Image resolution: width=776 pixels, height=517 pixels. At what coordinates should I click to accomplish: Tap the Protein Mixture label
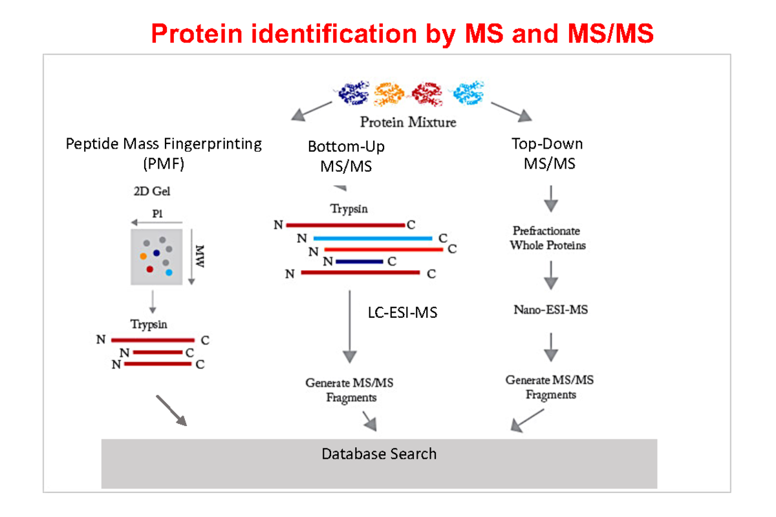[x=408, y=121]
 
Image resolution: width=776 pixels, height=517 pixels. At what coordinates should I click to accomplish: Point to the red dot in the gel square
[x=150, y=268]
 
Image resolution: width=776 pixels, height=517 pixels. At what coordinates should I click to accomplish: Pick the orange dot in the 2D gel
[x=143, y=256]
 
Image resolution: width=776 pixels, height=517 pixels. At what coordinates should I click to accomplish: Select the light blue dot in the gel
[x=169, y=272]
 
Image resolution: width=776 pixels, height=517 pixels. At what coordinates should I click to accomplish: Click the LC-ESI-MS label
[x=398, y=313]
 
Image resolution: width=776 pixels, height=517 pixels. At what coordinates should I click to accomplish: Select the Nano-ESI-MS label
[x=550, y=310]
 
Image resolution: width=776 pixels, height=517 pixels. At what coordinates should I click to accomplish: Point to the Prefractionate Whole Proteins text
[x=546, y=238]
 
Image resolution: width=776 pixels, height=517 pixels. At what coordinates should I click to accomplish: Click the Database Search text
[x=379, y=454]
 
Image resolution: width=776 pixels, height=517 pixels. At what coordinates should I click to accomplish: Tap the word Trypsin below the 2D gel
[x=149, y=324]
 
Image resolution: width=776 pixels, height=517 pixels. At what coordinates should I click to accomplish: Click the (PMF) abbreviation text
[x=164, y=164]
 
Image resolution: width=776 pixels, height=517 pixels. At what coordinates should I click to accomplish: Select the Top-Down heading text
[x=546, y=143]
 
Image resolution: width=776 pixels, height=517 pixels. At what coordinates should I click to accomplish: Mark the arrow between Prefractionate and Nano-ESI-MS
[x=550, y=275]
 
